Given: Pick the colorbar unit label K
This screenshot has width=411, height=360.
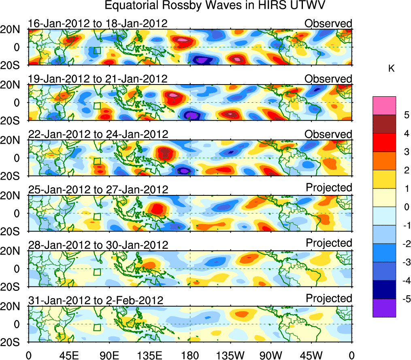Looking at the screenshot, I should coord(392,69).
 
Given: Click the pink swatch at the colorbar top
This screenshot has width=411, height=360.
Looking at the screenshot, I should coord(384,106).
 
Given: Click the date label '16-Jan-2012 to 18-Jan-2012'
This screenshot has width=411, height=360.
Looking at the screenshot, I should coord(98,23).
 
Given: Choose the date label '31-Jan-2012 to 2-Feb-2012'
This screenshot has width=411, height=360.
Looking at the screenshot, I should coord(96,301).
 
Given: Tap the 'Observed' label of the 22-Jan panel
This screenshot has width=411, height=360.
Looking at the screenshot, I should coord(328,134).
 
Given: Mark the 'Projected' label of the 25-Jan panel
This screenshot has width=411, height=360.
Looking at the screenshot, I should coord(329,188).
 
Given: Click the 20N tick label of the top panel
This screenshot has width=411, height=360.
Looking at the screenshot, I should coord(13,29).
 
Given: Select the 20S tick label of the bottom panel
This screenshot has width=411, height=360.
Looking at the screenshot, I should coord(13,342).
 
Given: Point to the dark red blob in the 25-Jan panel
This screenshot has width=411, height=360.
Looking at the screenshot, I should coord(157,209).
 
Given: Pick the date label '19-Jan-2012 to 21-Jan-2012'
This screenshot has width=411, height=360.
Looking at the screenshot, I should coord(98,79).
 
